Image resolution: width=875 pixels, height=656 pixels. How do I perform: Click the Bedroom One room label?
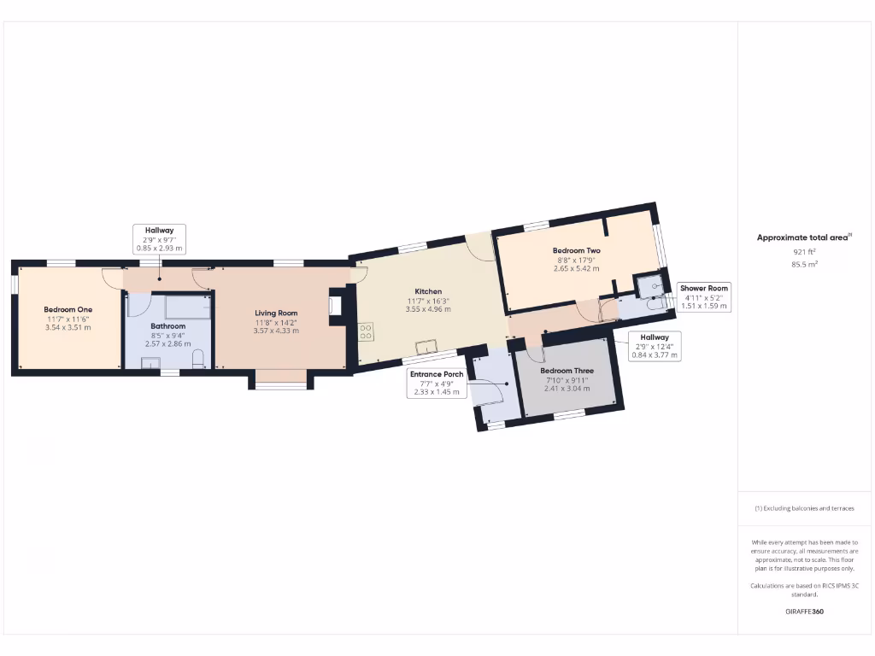point(68,309)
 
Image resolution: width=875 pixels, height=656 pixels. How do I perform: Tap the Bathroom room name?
point(168,326)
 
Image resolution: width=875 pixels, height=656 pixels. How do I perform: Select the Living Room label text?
point(276,313)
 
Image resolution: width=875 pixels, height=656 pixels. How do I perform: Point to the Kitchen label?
point(428,291)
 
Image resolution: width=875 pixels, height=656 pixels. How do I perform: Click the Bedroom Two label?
point(576,250)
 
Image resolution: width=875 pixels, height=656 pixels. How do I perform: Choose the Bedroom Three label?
point(567,371)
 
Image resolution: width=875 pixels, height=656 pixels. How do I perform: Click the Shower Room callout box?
point(704,296)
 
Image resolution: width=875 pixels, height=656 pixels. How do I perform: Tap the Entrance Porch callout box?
point(437,384)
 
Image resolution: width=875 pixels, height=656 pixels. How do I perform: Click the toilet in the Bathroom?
point(198,359)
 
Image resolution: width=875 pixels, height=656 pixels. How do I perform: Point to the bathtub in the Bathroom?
point(187,306)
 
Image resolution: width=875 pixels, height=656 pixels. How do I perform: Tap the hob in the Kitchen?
point(366,331)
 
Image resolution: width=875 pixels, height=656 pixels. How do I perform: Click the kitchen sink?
point(424,346)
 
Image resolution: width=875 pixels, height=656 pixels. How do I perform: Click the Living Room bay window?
point(280,385)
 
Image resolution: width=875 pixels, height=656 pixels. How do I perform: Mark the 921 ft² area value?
point(804,252)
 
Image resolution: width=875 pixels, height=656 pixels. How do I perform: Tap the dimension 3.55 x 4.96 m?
point(428,309)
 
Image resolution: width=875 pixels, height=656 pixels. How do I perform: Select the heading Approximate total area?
point(804,237)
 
